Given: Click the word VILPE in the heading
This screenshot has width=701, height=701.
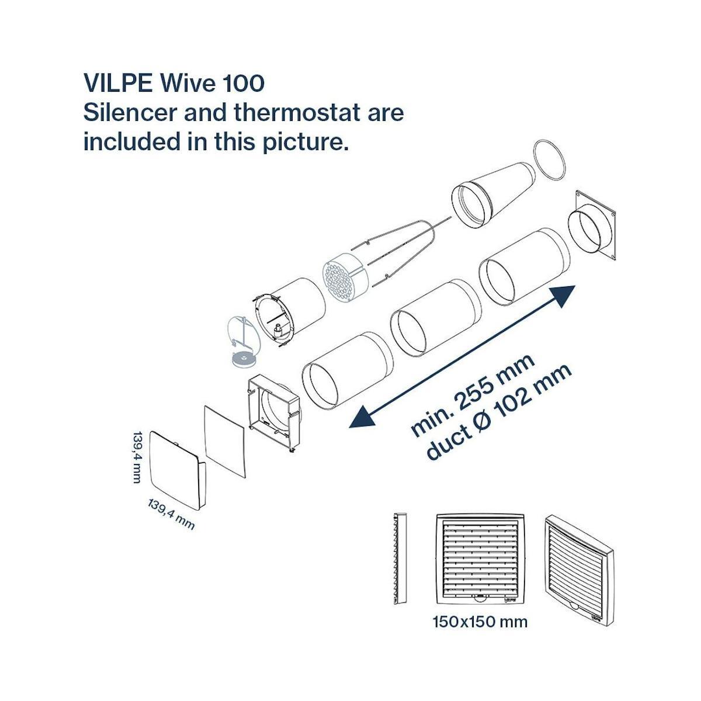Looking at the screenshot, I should point(117,83).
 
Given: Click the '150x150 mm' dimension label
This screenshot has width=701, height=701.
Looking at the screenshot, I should point(480,622).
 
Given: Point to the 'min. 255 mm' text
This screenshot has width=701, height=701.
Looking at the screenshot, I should point(472,395).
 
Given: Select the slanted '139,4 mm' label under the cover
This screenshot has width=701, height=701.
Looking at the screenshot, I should point(171,514).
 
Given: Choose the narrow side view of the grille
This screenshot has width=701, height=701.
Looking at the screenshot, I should point(401,558).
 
